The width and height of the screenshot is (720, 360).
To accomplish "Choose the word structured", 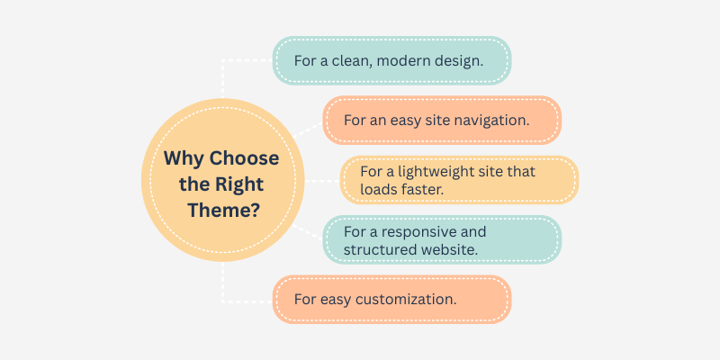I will [381, 249].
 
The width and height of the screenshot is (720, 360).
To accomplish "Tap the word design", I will [465, 61].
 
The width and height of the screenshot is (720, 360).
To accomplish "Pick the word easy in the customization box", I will [337, 298].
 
